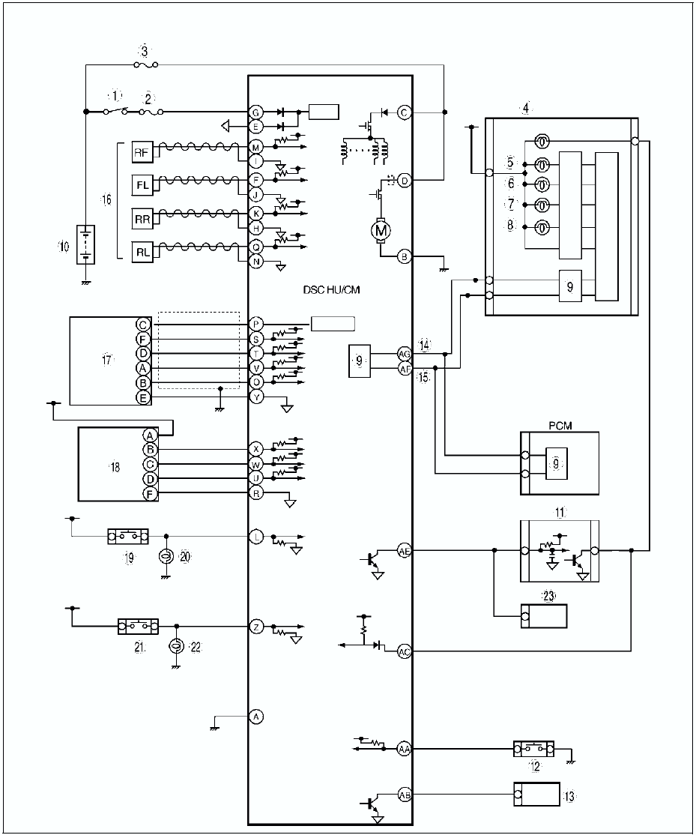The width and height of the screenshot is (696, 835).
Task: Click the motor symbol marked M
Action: click(381, 229)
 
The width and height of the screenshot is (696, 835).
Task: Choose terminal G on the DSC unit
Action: click(256, 112)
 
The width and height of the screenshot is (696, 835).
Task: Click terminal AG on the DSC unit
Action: click(405, 353)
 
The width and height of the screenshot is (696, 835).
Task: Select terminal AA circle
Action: click(405, 748)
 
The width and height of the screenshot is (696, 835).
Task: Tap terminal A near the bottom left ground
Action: click(256, 717)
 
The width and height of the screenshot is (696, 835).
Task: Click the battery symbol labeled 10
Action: click(86, 246)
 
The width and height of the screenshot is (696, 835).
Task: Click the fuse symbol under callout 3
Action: click(145, 65)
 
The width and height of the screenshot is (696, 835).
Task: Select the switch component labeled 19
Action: click(128, 537)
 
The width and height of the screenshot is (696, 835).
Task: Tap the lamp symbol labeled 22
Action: click(177, 645)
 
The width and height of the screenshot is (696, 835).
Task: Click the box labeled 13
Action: click(536, 794)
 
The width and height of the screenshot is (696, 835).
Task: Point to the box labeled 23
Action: click(543, 617)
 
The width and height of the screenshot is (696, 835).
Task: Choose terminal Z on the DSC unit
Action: click(256, 628)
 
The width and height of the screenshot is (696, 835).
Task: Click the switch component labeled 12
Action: click(533, 748)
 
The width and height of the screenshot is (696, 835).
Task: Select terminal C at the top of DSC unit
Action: click(405, 112)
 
